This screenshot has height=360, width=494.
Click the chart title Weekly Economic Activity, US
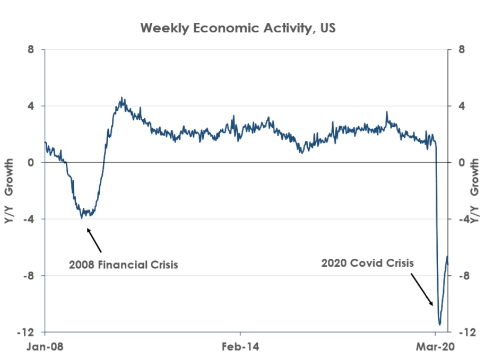tap(238, 28)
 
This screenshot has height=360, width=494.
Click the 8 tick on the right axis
tap(462, 49)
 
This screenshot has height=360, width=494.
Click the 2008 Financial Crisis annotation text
tap(123, 264)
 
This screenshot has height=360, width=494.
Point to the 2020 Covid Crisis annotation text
tap(367, 262)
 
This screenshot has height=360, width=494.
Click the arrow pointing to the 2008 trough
tap(94, 239)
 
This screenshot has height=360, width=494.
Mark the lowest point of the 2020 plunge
tap(440, 324)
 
